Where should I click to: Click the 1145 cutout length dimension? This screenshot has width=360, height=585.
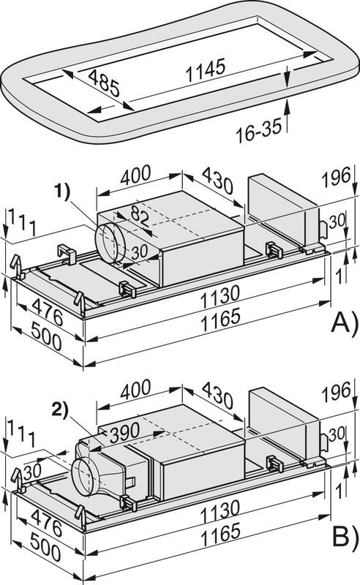click(206, 69)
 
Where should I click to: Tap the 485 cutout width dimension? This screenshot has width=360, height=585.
click(104, 83)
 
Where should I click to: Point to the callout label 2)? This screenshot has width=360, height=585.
click(60, 409)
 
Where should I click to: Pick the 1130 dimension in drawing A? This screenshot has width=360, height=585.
click(220, 297)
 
